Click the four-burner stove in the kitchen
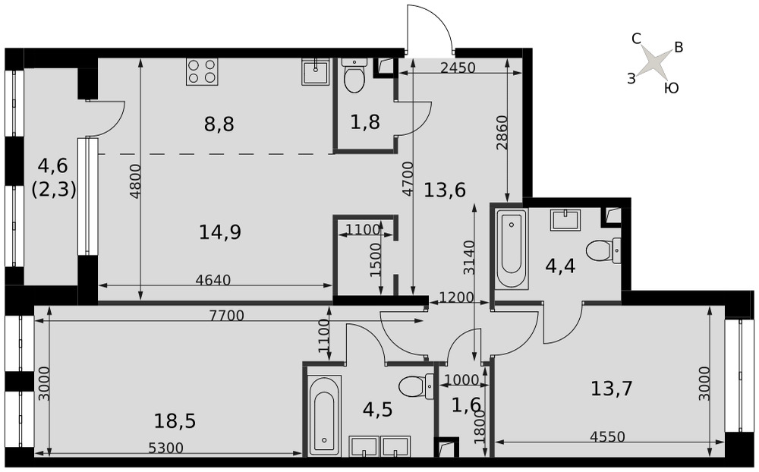[x=202, y=71]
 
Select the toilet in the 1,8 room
[x=354, y=75]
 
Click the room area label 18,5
[x=175, y=421]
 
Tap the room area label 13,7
[x=612, y=389]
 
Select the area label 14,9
[x=220, y=232]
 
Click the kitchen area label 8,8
[x=219, y=124]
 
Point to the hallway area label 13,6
[x=445, y=190]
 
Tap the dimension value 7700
[x=226, y=316]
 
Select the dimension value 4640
[x=213, y=280]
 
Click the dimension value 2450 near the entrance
[x=458, y=68]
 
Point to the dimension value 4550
[x=607, y=437]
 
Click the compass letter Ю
[x=672, y=88]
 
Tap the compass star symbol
[x=653, y=62]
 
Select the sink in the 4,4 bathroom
[x=565, y=220]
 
